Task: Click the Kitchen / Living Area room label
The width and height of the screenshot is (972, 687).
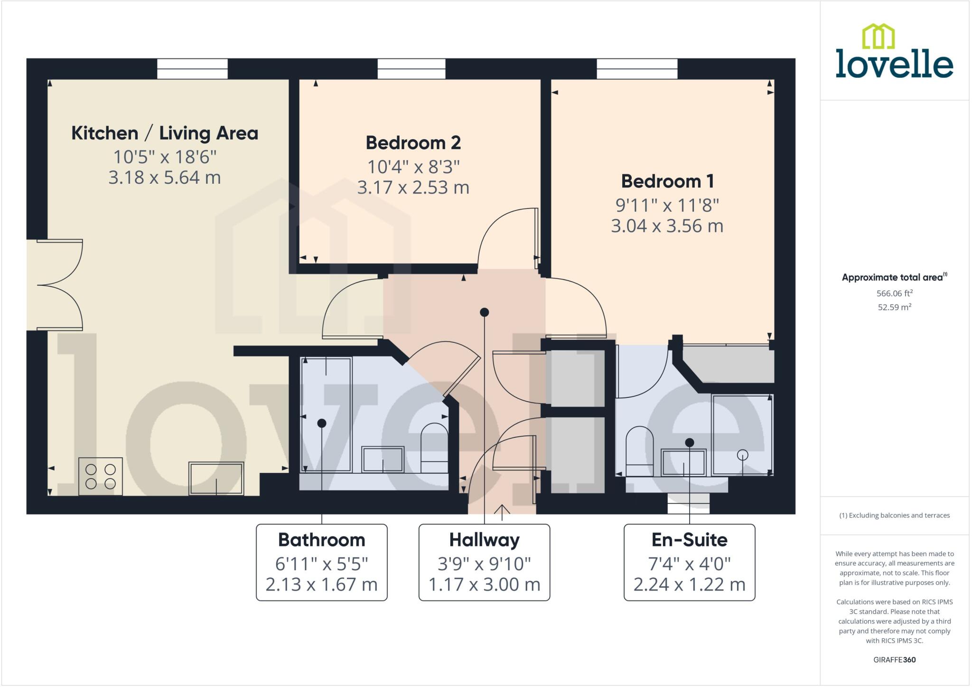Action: pos(164,133)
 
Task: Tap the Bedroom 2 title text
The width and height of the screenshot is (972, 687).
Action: pos(413,143)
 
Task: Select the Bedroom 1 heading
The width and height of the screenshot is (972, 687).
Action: pos(667,181)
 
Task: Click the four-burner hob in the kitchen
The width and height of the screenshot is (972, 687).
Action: pos(101,476)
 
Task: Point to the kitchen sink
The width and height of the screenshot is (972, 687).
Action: pos(216,478)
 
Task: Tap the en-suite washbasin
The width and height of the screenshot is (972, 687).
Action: pos(683,462)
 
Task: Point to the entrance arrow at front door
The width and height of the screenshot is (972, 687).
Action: pos(502,510)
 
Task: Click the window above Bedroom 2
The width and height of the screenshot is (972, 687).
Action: pos(411,69)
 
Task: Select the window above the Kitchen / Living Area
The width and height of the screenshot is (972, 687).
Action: pos(192,69)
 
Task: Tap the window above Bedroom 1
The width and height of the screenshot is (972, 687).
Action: pos(637,69)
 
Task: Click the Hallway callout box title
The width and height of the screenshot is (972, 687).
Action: pos(484,540)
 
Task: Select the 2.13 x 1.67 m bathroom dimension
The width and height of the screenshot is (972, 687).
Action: pos(321,584)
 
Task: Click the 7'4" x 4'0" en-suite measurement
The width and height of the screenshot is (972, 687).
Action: pos(689,564)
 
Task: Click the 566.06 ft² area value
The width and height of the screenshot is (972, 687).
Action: pos(894,293)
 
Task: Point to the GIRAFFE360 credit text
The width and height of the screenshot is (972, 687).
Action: pos(894,659)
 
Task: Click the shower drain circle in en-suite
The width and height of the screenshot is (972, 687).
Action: pos(742,455)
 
